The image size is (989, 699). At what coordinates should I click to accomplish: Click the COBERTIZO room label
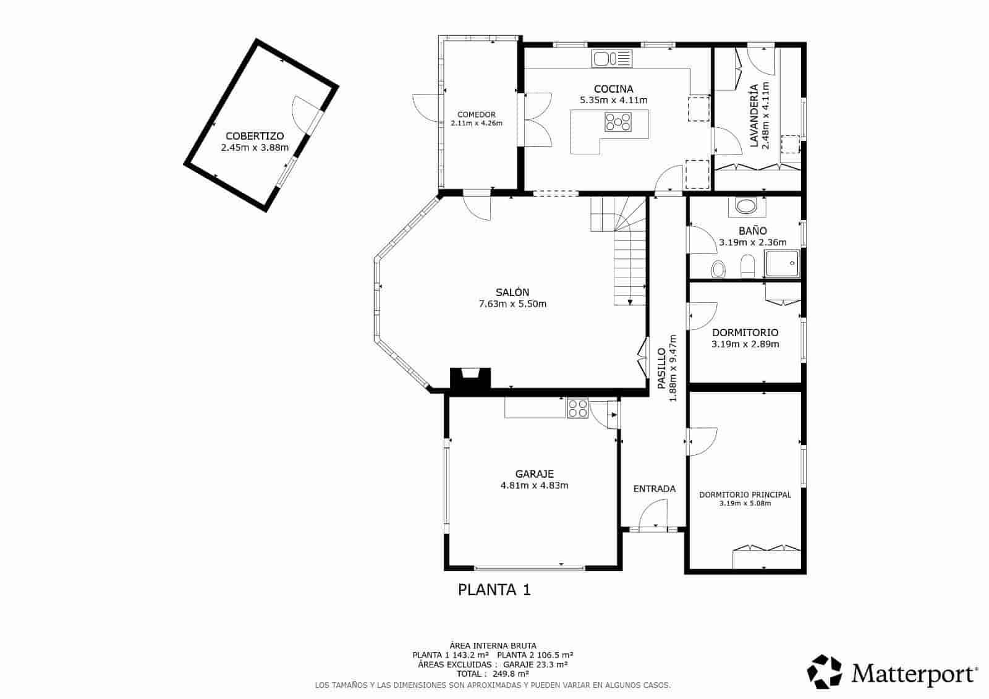point(255,136)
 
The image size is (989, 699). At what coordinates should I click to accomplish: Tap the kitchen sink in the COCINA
point(612,59)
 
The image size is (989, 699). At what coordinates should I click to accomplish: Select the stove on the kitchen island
point(618,122)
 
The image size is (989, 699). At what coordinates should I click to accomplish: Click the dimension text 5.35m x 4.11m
point(613,100)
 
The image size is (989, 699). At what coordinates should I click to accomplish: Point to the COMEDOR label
point(477,114)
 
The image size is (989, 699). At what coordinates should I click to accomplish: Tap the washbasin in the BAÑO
point(747,206)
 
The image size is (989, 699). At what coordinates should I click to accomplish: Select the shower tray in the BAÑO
point(781,265)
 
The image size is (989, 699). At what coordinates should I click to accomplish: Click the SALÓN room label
point(512,292)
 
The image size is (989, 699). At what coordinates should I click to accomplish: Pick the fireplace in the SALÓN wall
point(470,378)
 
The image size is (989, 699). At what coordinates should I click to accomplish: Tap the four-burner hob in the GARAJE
point(577,408)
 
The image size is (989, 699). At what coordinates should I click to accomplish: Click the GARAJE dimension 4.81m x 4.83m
point(534,486)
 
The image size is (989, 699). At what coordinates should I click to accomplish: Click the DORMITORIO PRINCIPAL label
point(745,494)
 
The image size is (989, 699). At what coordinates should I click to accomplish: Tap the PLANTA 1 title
point(494,590)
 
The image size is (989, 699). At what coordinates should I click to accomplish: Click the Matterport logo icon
point(825,671)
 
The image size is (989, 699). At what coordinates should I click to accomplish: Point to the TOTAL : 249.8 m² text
point(493,674)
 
